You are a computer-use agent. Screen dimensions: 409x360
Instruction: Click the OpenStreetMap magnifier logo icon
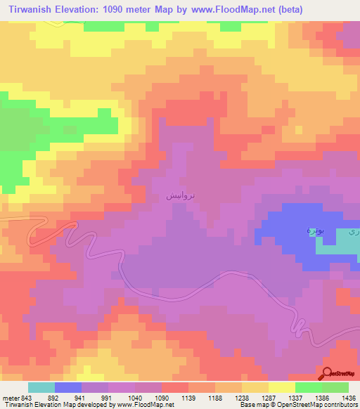coord(328,374)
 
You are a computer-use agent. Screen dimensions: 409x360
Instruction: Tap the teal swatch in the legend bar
coord(41,387)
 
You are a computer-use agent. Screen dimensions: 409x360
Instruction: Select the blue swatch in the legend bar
coord(68,387)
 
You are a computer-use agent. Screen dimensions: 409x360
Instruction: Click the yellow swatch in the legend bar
coord(282,387)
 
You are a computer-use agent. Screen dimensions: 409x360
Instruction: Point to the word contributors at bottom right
coord(340,405)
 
